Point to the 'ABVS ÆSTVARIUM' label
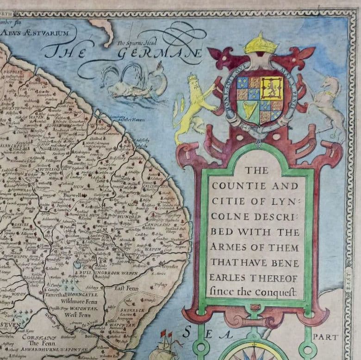pyautogui.click(x=35, y=33)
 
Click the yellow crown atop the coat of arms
pyautogui.click(x=261, y=44)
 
